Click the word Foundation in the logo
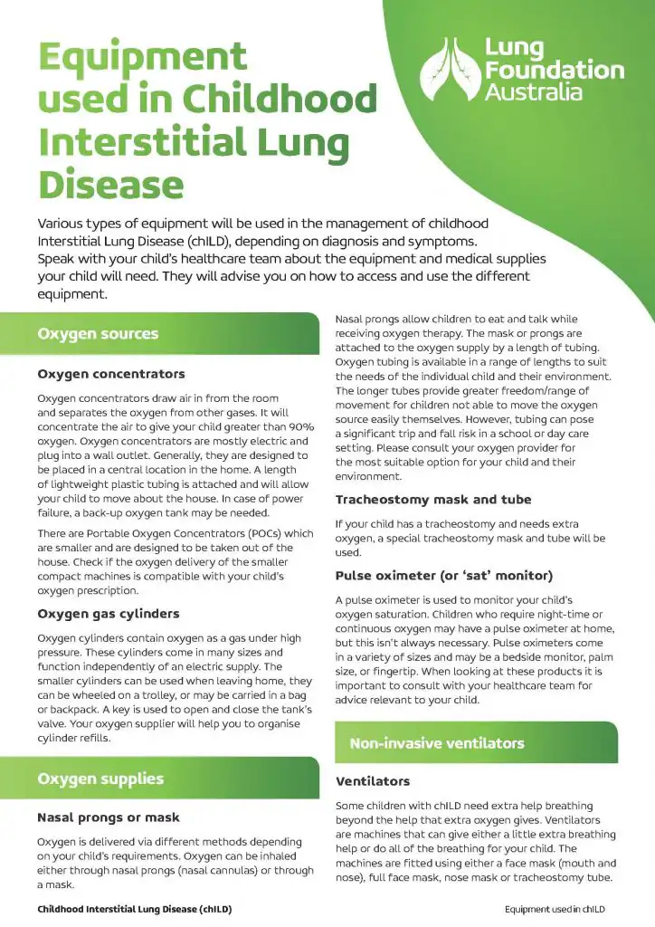[554, 70]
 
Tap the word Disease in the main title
[110, 185]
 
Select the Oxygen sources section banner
[98, 334]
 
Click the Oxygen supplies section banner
[100, 779]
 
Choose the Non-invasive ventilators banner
[437, 743]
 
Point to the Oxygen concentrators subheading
[111, 374]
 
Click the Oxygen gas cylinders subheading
[108, 614]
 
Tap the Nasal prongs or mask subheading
[109, 817]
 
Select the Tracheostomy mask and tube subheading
[433, 500]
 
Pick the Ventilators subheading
[373, 781]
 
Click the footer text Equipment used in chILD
[555, 909]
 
